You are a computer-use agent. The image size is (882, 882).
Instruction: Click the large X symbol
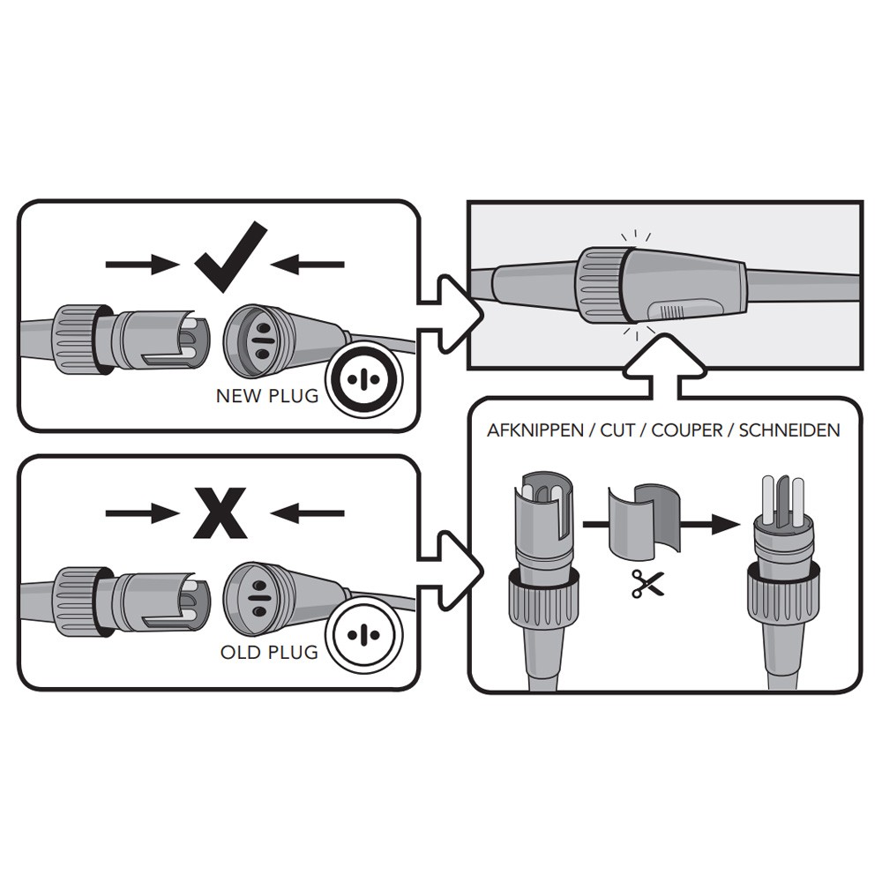pos(220,512)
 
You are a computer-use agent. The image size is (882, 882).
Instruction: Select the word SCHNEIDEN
pos(789,431)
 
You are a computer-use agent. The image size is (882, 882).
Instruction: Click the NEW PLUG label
pos(267,396)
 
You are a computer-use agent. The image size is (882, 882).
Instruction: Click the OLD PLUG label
pos(270,653)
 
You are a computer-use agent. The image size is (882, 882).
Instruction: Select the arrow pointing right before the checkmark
pos(141,263)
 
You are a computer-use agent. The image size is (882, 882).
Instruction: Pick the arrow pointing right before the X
pos(141,512)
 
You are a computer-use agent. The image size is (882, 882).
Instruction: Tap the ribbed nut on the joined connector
pos(601,281)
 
